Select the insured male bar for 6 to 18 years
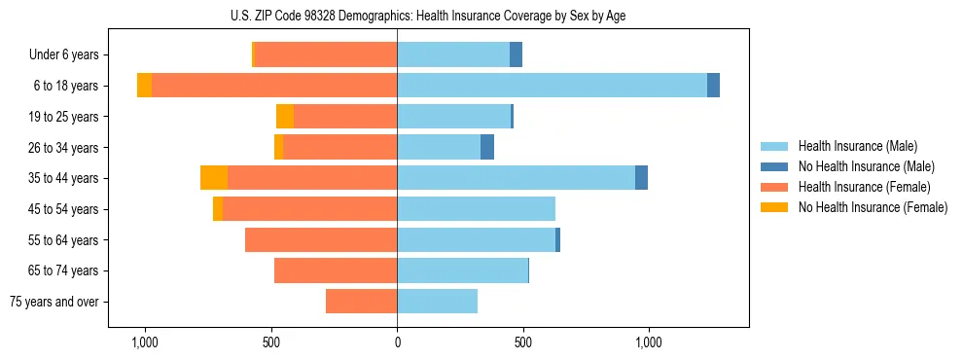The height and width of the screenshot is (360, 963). pos(552,86)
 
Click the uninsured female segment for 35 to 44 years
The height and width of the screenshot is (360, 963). pos(214,178)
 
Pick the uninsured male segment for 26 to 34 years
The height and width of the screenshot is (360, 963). pos(487,147)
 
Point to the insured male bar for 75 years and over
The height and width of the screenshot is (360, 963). pos(437,302)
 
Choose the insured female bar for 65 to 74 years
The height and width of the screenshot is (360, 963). pos(336,270)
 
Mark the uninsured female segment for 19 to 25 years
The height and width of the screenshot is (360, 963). pos(285,117)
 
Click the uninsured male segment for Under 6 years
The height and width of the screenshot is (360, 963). pos(516,54)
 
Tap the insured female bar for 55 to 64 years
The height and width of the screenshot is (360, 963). pos(321,240)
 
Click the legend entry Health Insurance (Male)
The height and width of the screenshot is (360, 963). pos(856,146)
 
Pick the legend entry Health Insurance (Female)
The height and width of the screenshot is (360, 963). pos(864,187)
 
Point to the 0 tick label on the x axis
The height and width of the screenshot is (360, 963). pos(397,342)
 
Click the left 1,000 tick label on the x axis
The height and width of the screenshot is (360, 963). pos(144,342)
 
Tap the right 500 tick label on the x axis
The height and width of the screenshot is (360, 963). pos(523,342)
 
